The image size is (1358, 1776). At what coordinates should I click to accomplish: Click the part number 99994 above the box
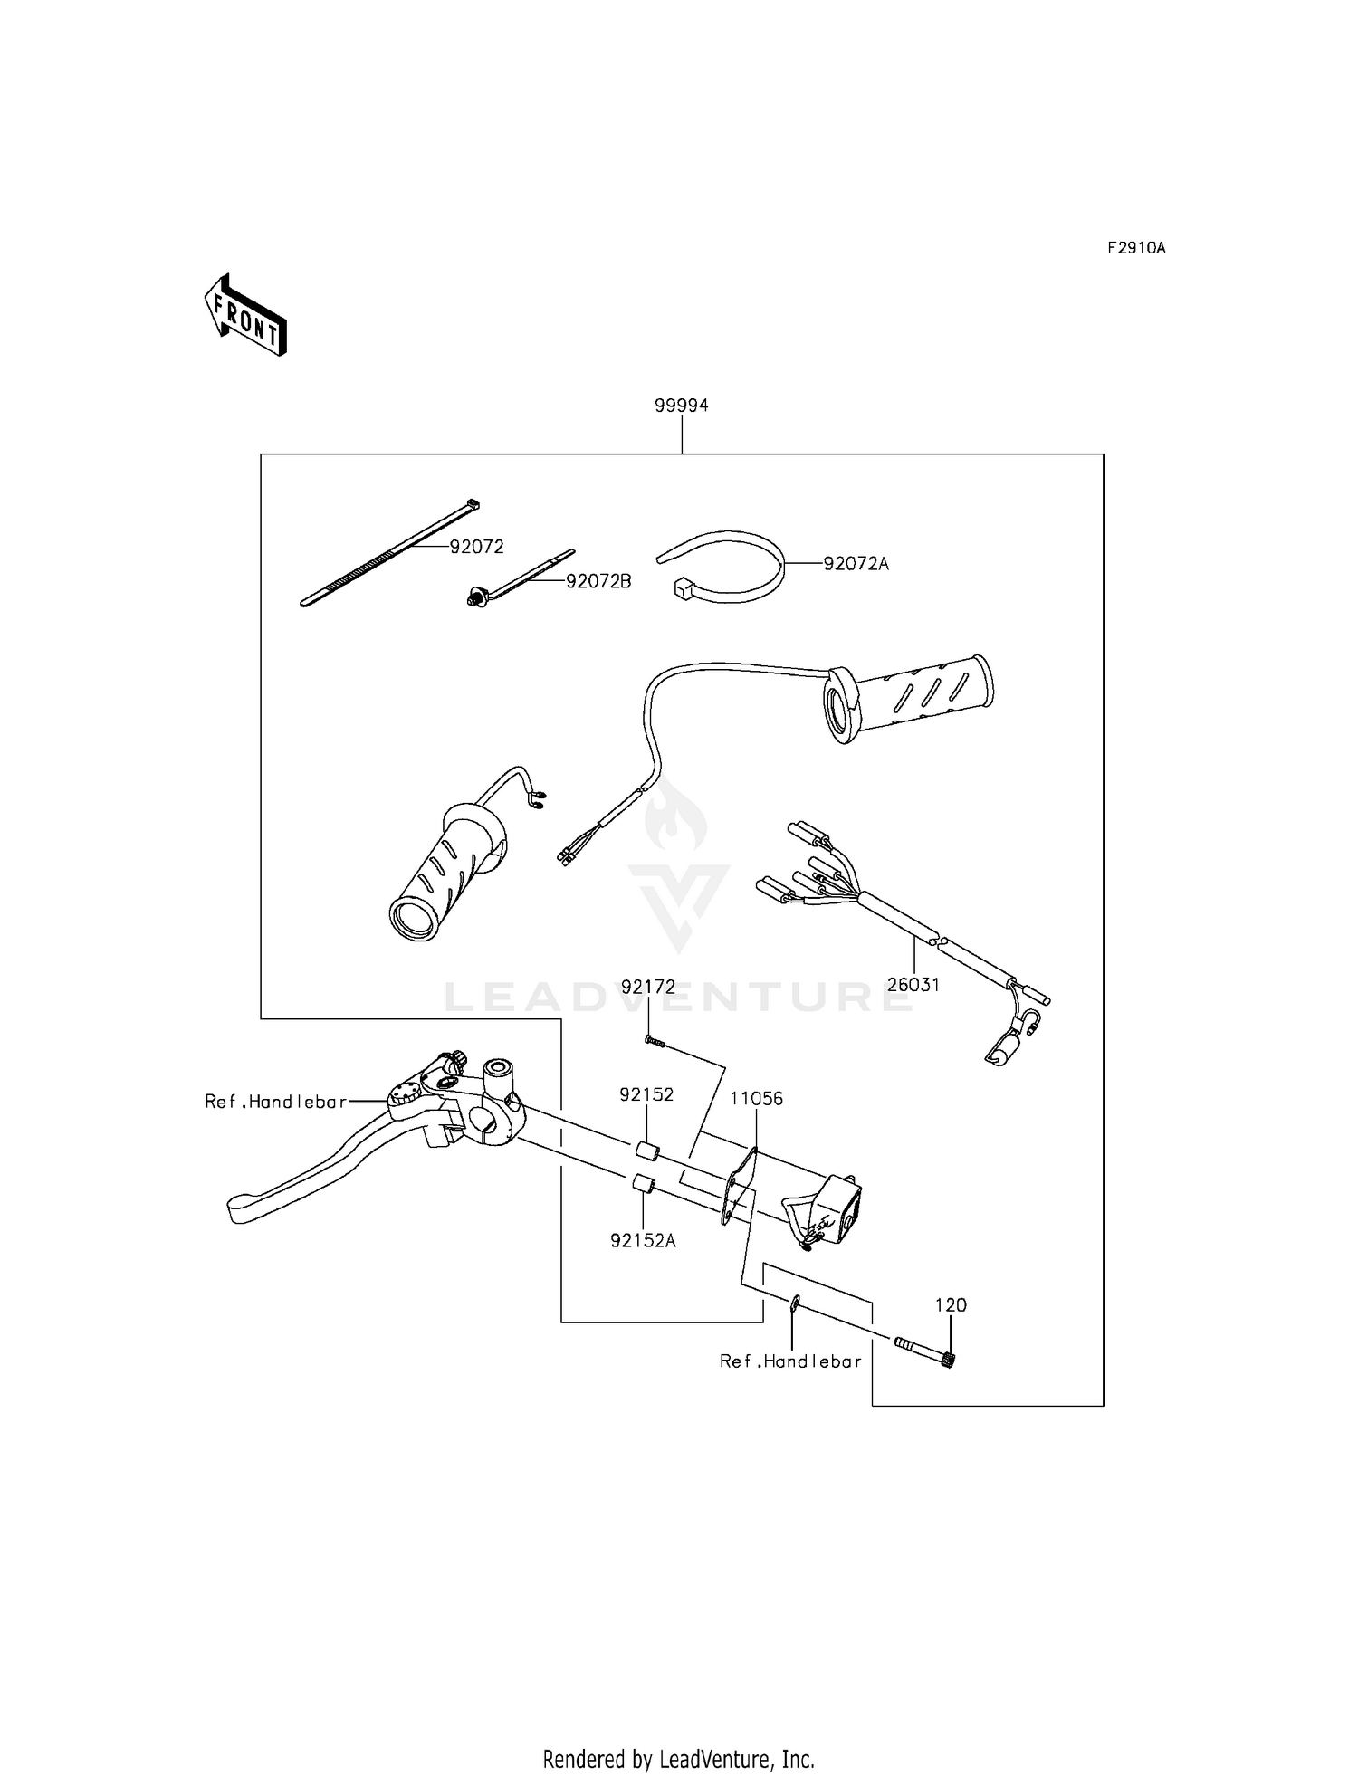[x=681, y=406]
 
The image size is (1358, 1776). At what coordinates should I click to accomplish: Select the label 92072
[x=476, y=547]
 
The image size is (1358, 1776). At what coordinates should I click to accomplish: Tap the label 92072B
[x=598, y=581]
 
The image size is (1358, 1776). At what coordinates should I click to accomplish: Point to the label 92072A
[x=856, y=564]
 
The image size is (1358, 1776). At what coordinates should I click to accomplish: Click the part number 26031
[x=913, y=985]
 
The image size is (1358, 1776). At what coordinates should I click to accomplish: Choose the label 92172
[x=647, y=988]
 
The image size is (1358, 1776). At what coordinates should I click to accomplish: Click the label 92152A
[x=643, y=1241]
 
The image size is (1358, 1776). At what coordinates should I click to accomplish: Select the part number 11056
[x=757, y=1099]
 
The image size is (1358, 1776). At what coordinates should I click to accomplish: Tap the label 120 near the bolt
[x=951, y=1305]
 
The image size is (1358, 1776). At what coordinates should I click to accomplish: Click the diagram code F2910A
[x=1135, y=248]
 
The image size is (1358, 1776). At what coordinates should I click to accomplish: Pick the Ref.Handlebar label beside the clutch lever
[x=275, y=1102]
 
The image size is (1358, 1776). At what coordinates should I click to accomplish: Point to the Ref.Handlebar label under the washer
[x=789, y=1361]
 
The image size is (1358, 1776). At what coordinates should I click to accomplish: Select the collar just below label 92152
[x=645, y=1151]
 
